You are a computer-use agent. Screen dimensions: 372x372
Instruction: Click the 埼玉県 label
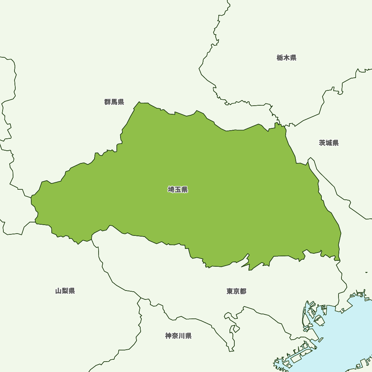(178, 190)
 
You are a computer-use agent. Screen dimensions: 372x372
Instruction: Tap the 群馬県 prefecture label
(114, 102)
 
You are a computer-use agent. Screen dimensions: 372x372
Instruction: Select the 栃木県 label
(286, 58)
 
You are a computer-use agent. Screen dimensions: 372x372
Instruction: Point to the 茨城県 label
(329, 143)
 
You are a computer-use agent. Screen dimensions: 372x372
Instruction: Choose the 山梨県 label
(65, 291)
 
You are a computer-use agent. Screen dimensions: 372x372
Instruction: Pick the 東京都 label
(236, 291)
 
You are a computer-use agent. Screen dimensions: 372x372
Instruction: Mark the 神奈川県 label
(179, 336)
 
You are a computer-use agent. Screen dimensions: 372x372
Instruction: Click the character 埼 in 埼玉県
(171, 190)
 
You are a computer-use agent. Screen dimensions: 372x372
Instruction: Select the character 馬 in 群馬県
(114, 102)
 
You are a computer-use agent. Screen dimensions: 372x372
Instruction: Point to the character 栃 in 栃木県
(280, 58)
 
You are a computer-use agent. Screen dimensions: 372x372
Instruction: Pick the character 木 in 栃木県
(286, 58)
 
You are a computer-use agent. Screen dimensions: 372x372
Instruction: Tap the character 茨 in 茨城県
(322, 143)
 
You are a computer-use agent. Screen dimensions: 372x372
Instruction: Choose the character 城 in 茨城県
(329, 143)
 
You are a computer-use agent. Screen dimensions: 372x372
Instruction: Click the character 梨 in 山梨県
(65, 291)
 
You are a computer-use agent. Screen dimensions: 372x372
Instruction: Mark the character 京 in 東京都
(236, 291)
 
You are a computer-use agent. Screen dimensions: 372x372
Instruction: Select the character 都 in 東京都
(243, 291)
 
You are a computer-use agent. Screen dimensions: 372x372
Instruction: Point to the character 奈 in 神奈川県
(175, 336)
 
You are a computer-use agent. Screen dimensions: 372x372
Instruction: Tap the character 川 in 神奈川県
(182, 336)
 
